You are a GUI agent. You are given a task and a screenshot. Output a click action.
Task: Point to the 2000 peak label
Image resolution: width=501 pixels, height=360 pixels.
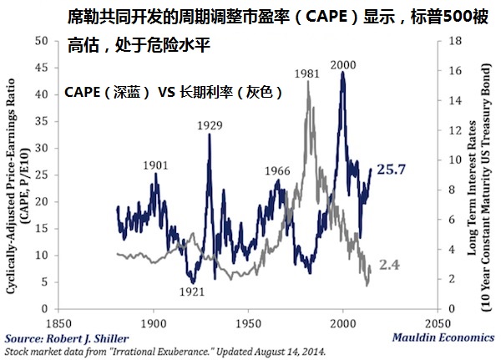tap(342, 65)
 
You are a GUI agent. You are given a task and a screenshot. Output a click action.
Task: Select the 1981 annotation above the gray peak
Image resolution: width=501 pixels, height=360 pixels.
tap(307, 74)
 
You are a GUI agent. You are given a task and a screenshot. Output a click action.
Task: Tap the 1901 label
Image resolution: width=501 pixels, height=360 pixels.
tap(156, 165)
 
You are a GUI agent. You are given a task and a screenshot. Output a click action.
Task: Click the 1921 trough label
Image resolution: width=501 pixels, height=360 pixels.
tap(192, 292)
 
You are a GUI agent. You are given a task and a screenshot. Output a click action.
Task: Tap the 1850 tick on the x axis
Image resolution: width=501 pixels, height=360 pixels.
tap(58, 322)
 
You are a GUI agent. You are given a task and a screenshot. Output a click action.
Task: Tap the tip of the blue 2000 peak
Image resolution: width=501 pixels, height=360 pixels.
tap(342, 73)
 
